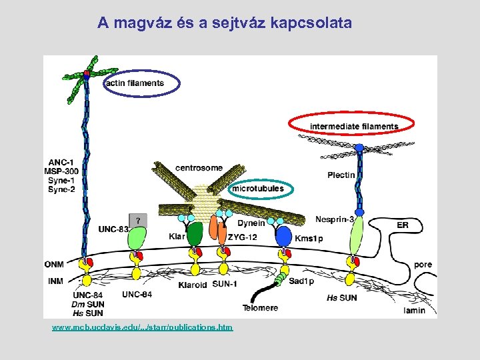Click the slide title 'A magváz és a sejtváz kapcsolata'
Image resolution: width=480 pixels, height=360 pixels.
225,23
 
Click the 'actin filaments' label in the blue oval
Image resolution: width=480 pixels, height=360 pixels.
134,83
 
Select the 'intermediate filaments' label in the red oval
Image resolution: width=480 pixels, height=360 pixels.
353,127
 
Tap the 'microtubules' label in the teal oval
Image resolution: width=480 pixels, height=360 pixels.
257,189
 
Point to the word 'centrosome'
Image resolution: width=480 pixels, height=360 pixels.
199,167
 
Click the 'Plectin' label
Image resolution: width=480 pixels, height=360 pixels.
341,175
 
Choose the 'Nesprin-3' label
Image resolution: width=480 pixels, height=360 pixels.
335,219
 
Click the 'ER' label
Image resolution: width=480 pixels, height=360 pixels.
403,225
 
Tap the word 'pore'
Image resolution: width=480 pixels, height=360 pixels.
423,265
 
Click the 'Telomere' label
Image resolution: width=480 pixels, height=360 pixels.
260,308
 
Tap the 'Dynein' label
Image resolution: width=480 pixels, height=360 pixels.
251,223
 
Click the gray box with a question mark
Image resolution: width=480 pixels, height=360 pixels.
138,219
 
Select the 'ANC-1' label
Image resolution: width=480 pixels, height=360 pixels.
61,161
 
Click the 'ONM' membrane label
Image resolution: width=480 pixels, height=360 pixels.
55,264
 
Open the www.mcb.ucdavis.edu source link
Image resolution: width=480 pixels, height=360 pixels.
143,328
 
